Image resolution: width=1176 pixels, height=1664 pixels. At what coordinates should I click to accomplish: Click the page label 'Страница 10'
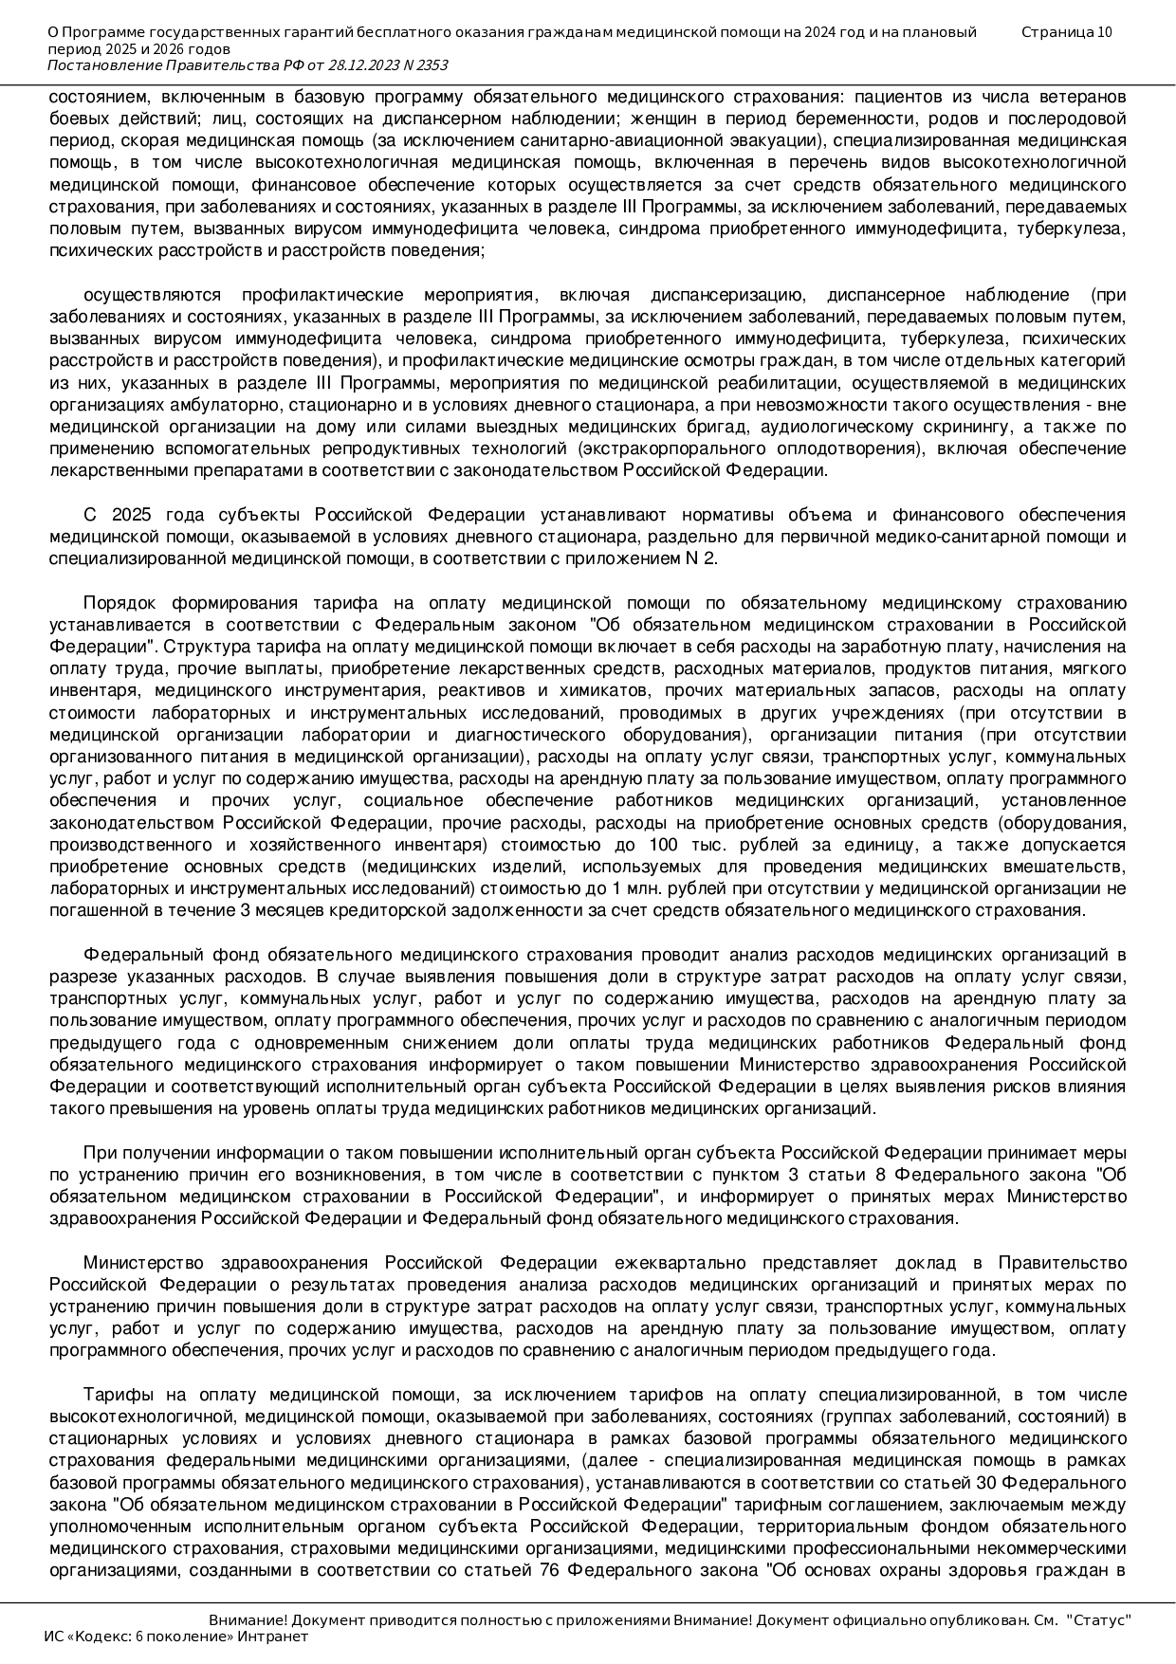pos(1067,32)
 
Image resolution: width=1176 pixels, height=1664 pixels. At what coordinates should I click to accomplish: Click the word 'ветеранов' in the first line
pos(1087,97)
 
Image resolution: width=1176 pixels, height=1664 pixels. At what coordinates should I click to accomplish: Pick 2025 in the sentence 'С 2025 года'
pos(132,515)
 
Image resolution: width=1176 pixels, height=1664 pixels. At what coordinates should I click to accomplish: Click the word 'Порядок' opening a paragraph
pos(113,603)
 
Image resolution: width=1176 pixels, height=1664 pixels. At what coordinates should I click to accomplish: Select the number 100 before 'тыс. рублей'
pos(664,845)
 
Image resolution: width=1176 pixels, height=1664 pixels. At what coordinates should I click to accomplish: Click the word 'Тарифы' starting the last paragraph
pos(111,1395)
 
